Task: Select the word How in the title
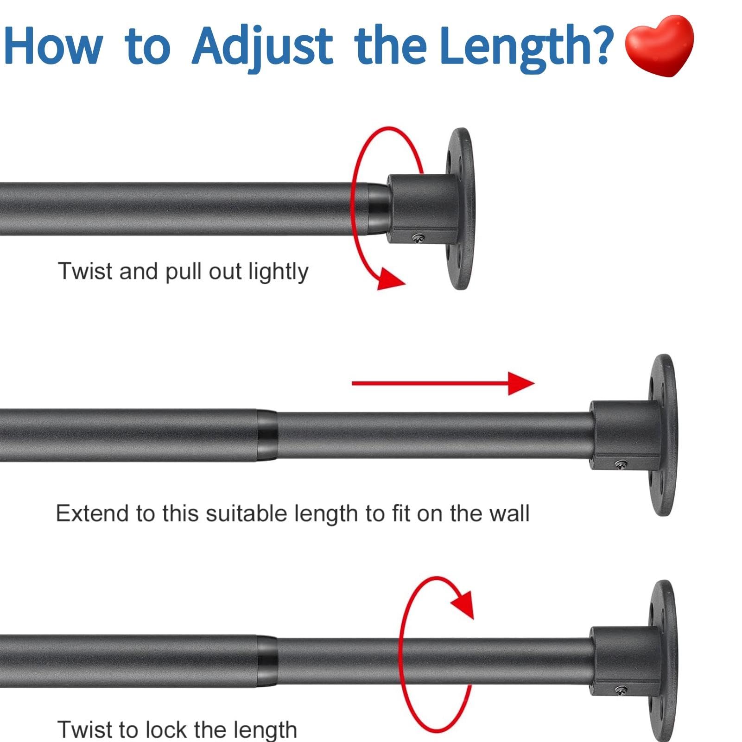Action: click(53, 45)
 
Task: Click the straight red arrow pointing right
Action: click(443, 383)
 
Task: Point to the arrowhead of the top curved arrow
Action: click(390, 279)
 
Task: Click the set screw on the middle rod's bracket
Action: click(621, 463)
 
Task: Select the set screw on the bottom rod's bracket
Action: click(621, 690)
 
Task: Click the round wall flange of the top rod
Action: click(460, 209)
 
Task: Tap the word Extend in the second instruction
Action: click(93, 514)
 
